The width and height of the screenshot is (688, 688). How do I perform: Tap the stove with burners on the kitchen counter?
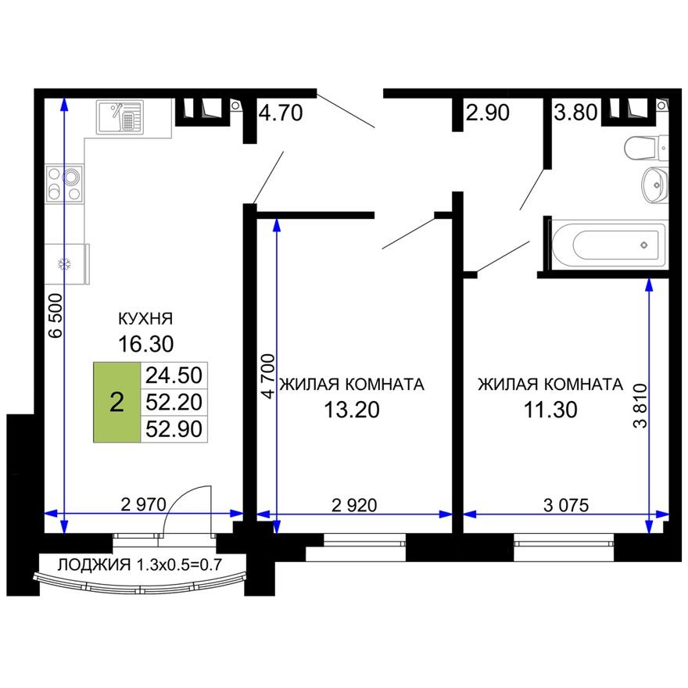[x=63, y=184]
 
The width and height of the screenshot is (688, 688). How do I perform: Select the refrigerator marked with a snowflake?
[x=66, y=264]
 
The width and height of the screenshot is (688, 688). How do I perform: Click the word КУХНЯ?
[x=145, y=319]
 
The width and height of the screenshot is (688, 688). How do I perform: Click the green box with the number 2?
[x=116, y=403]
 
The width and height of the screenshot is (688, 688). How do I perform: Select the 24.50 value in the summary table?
[x=174, y=376]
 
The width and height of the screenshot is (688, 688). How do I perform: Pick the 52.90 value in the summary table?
[x=174, y=428]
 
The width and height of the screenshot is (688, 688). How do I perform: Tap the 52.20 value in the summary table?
[x=174, y=402]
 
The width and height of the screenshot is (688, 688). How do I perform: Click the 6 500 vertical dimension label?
[x=53, y=317]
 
